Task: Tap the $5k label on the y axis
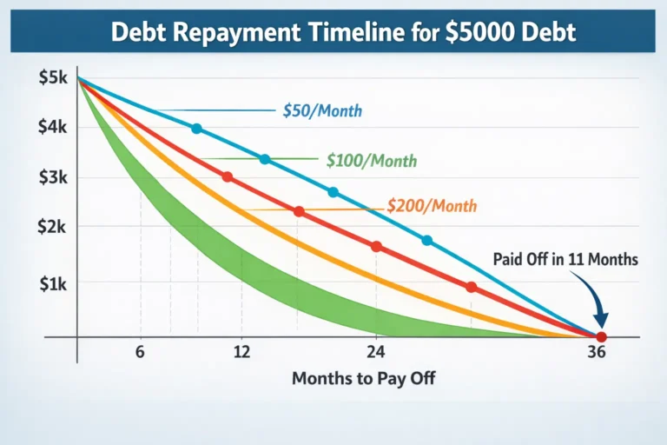(x=51, y=77)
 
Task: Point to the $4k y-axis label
(x=51, y=127)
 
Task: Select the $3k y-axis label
(x=51, y=177)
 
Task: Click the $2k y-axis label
(x=51, y=226)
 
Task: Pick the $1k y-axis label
(x=51, y=283)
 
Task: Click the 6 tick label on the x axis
(x=139, y=353)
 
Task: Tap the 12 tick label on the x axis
(x=241, y=353)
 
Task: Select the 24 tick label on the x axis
(x=376, y=353)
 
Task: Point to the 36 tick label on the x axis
(x=596, y=354)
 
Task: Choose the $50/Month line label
(x=322, y=111)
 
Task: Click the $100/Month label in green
(x=372, y=161)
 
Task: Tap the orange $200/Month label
(x=432, y=206)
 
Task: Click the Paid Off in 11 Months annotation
(x=565, y=259)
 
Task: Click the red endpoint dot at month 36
(x=601, y=336)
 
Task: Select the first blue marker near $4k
(x=196, y=129)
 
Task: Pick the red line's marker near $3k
(x=228, y=177)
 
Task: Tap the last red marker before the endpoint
(x=472, y=287)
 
